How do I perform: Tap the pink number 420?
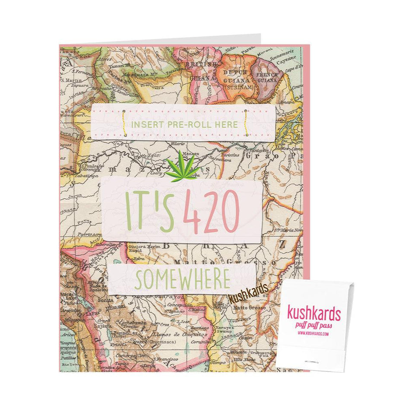click(211, 211)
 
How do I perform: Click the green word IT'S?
click(149, 212)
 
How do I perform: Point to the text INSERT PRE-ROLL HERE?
click(185, 124)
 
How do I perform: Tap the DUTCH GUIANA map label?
click(235, 76)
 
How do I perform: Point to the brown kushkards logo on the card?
click(248, 296)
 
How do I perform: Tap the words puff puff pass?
click(314, 325)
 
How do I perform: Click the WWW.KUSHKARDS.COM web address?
click(314, 334)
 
